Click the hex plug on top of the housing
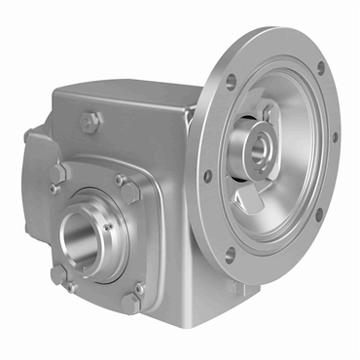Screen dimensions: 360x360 [x=90, y=121]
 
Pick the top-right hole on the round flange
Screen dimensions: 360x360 [x=320, y=69]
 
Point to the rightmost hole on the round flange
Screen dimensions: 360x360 [x=336, y=136]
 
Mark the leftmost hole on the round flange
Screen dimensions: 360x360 [x=207, y=176]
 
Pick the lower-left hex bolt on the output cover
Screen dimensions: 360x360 [x=58, y=273]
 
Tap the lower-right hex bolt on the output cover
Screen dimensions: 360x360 [x=131, y=303]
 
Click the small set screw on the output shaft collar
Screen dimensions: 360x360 [x=108, y=226]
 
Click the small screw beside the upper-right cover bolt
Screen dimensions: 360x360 [x=120, y=179]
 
